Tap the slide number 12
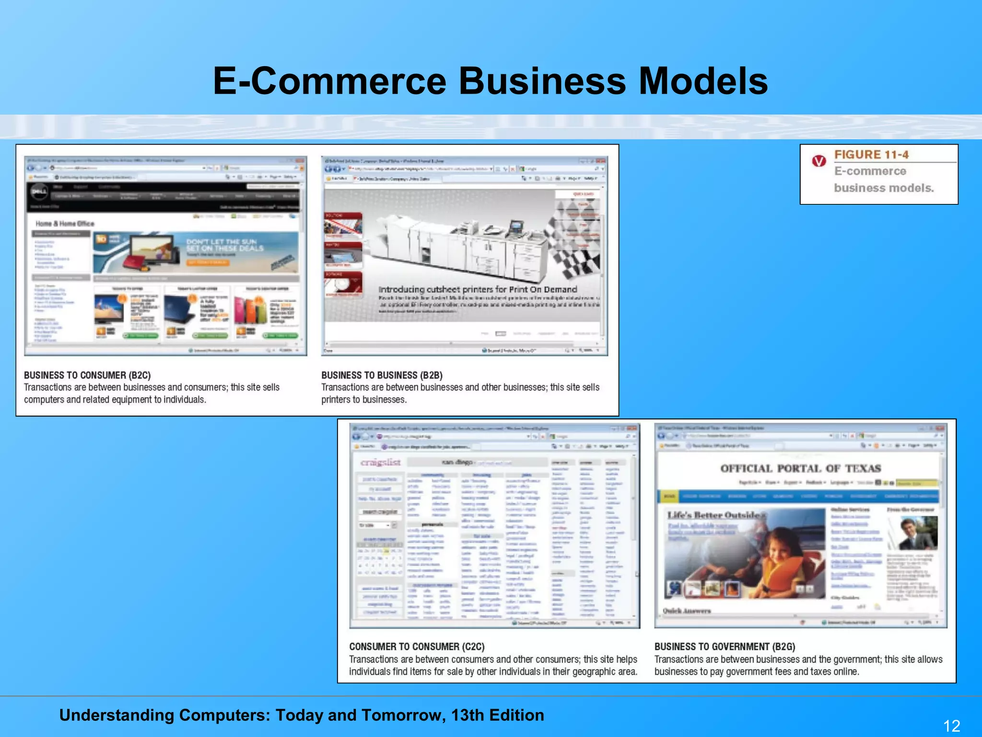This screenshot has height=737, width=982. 951,725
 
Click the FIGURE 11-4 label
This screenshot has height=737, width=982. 871,155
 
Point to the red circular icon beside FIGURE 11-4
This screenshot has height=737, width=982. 819,161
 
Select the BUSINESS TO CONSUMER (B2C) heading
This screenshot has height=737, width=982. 87,375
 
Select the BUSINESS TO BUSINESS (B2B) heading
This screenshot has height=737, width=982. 382,375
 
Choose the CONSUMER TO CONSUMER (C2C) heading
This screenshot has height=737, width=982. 417,646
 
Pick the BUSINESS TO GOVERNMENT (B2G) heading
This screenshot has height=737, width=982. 725,646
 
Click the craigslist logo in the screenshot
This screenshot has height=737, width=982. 380,462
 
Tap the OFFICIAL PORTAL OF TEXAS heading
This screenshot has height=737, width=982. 800,468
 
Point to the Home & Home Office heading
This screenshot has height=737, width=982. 65,224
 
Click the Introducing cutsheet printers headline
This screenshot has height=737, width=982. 478,289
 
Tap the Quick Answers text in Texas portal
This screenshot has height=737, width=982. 687,611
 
